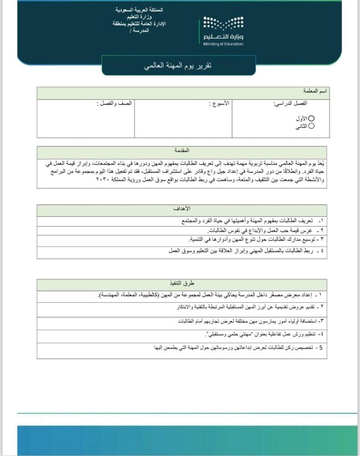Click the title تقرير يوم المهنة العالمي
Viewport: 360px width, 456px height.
(x=178, y=66)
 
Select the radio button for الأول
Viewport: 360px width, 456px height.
(x=312, y=118)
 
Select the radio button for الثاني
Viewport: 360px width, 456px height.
(x=312, y=126)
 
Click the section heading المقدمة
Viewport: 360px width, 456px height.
(x=182, y=150)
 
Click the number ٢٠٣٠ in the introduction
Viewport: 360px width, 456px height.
(x=103, y=181)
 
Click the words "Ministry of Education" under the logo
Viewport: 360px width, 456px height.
(x=223, y=44)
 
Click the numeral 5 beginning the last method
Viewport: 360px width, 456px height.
(x=321, y=348)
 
